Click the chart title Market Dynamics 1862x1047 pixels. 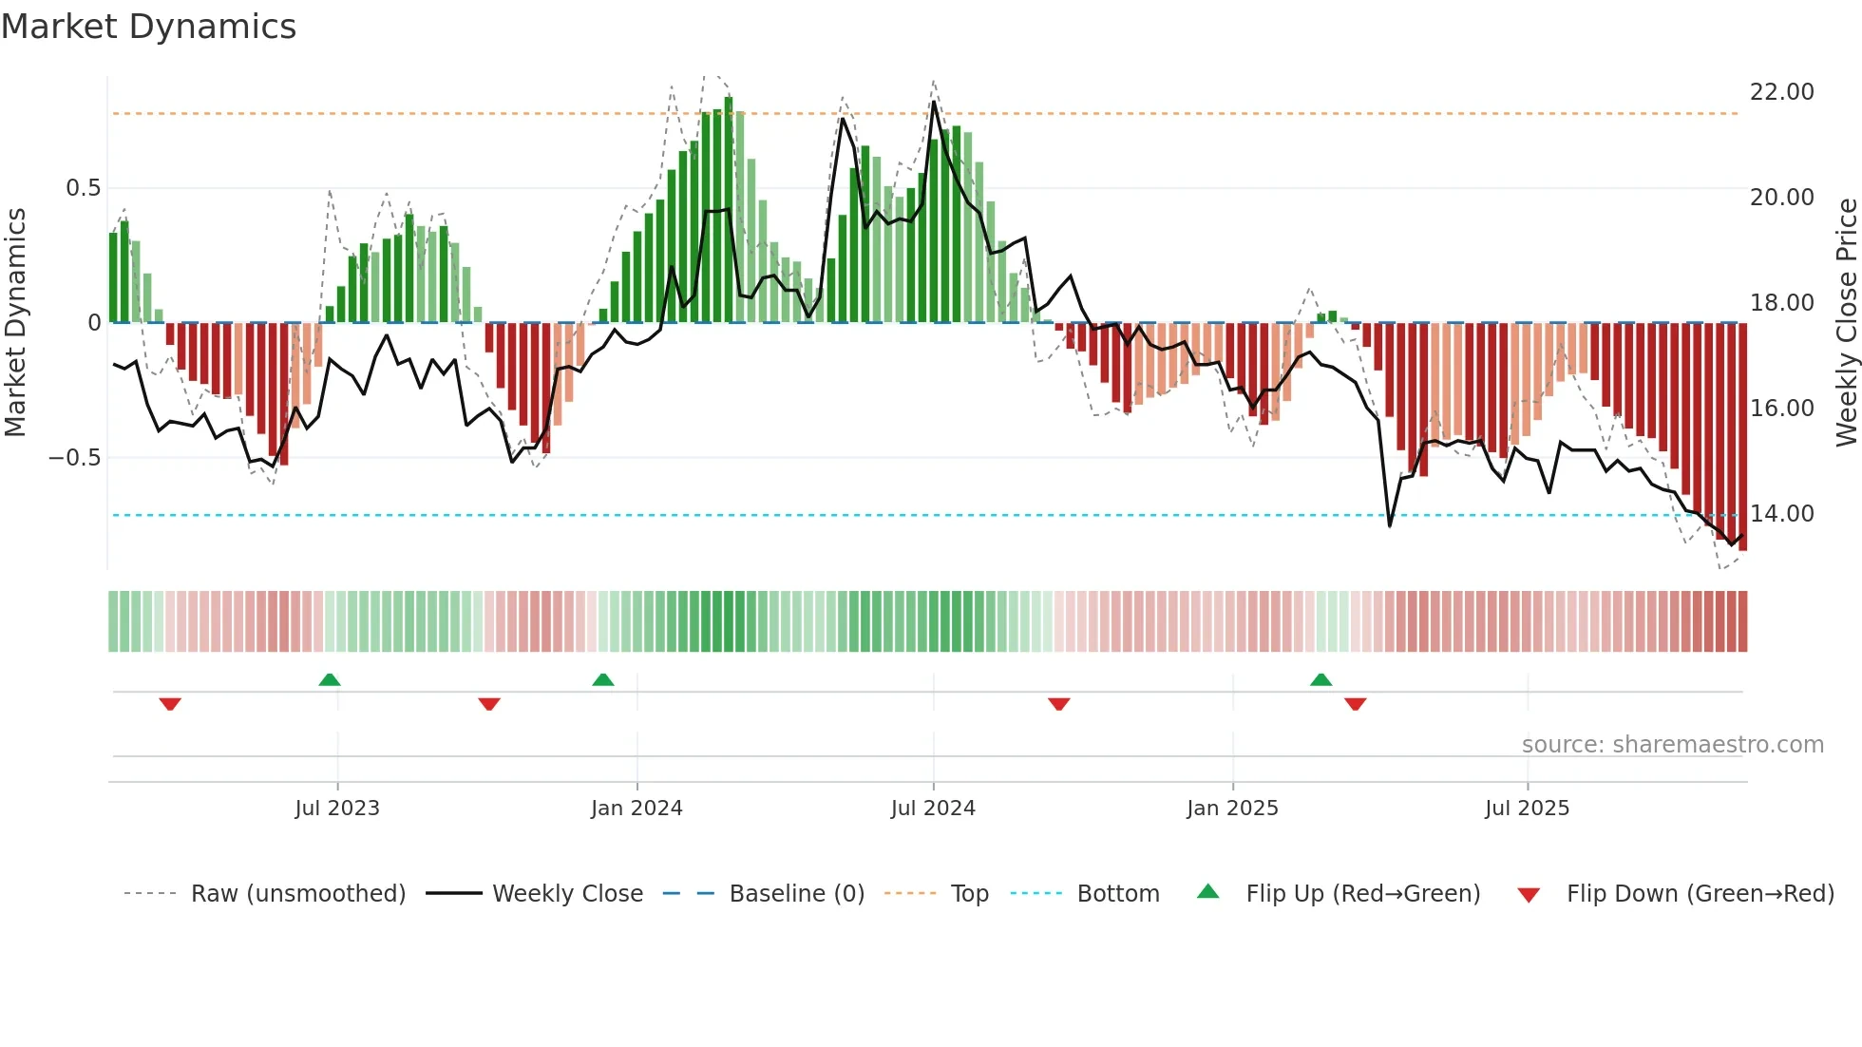click(148, 27)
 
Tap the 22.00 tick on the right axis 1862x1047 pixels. click(1781, 92)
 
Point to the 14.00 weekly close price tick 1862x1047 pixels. click(1781, 514)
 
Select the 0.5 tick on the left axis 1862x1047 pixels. click(83, 188)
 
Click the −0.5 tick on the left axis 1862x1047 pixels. click(75, 458)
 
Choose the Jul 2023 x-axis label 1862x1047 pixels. click(337, 809)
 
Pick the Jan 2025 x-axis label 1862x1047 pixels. click(1232, 809)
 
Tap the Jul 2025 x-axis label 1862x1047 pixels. click(1527, 809)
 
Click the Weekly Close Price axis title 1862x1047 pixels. click(1846, 323)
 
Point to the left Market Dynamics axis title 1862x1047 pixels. click(15, 323)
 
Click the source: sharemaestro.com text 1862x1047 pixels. click(1672, 745)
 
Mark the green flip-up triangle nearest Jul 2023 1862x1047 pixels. click(330, 680)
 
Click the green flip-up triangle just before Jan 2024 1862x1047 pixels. click(602, 680)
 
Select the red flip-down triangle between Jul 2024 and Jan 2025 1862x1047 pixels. click(1058, 704)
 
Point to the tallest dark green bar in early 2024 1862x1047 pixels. click(729, 209)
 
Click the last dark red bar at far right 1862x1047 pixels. click(1742, 437)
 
